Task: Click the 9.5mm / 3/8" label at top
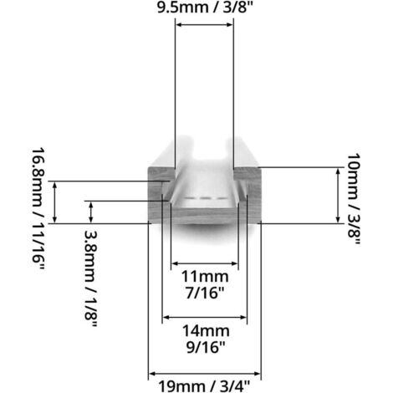(204, 11)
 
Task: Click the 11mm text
(204, 275)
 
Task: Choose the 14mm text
(204, 330)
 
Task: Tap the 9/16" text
(204, 345)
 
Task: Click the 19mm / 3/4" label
(204, 385)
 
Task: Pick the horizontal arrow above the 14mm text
(204, 318)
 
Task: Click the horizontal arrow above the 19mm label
(204, 373)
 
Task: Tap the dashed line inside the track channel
(205, 198)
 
